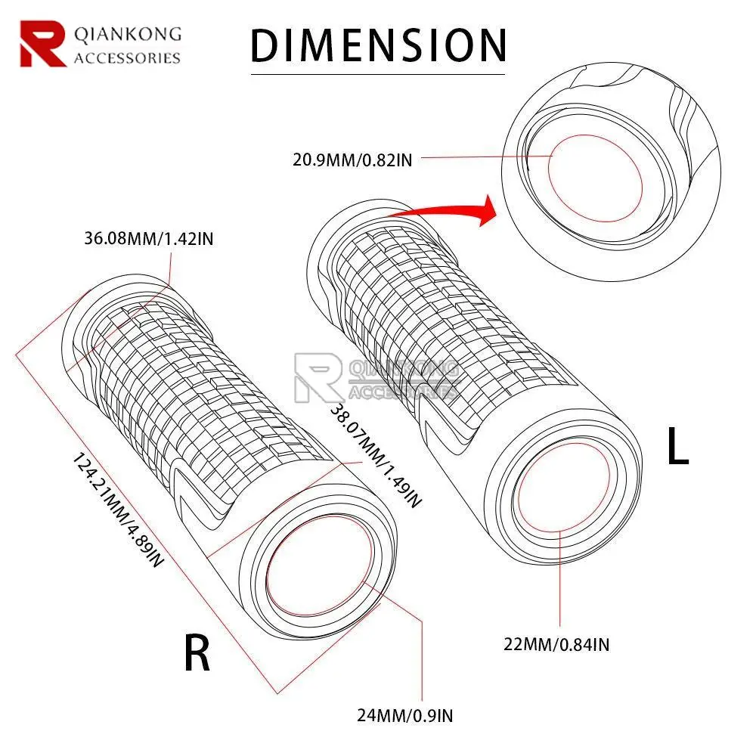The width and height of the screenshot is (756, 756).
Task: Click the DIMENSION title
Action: coord(378,45)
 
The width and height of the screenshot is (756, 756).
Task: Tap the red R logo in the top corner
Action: coord(42,44)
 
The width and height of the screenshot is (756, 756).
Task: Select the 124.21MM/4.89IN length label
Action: coord(117,511)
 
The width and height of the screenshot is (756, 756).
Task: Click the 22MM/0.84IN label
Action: coord(557,644)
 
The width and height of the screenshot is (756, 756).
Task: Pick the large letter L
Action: coord(677,448)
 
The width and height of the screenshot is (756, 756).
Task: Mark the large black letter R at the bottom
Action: coord(197,654)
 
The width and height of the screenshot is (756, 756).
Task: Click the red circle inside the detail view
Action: coord(596,179)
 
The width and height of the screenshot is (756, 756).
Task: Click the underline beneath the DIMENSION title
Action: coord(378,73)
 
